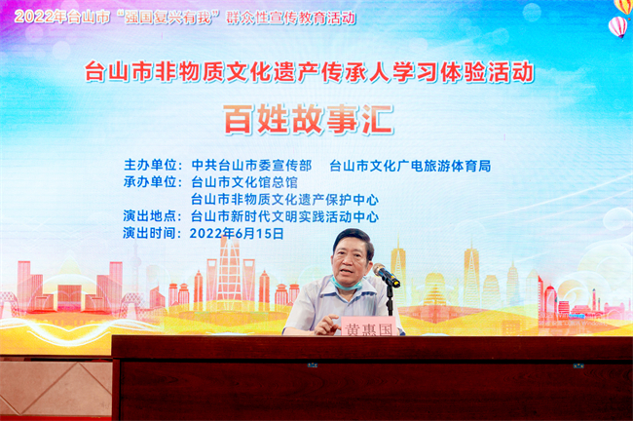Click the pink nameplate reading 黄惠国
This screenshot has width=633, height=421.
(368, 327)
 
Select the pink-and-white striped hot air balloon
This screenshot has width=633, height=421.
(617, 26)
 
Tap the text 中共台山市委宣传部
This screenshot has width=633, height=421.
(251, 166)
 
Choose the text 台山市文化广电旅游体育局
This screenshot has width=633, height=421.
(410, 166)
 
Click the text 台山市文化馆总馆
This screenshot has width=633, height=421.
(243, 182)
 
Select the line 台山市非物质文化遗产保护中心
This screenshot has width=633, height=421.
(284, 200)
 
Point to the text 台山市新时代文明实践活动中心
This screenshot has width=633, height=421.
(284, 216)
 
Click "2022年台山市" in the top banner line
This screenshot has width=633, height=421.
(58, 18)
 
